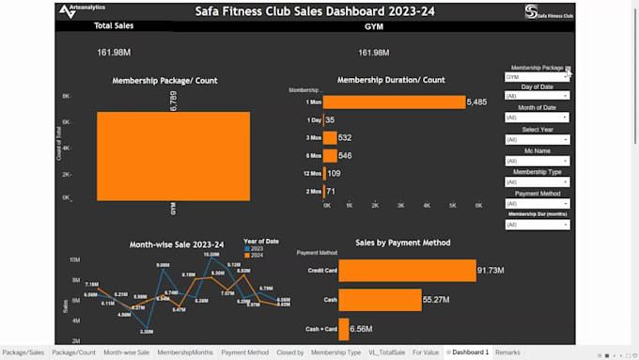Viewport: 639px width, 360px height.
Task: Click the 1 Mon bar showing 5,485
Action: click(394, 102)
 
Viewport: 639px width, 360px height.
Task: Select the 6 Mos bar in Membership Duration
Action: click(330, 155)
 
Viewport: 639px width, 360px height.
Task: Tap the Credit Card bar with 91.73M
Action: click(407, 271)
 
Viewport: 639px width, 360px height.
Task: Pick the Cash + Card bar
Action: click(343, 329)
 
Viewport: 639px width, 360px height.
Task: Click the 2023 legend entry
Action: click(254, 248)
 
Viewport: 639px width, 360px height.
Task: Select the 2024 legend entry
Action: click(254, 255)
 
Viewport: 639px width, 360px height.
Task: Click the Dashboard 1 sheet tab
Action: click(468, 352)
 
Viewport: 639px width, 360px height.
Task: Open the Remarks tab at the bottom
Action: click(507, 352)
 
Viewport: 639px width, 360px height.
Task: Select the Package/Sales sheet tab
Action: click(23, 352)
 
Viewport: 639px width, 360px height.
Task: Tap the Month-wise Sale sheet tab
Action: click(126, 352)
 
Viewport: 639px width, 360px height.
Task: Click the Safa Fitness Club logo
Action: click(549, 12)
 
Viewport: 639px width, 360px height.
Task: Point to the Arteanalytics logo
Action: click(83, 11)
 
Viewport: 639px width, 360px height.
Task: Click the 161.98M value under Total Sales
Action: click(113, 53)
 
